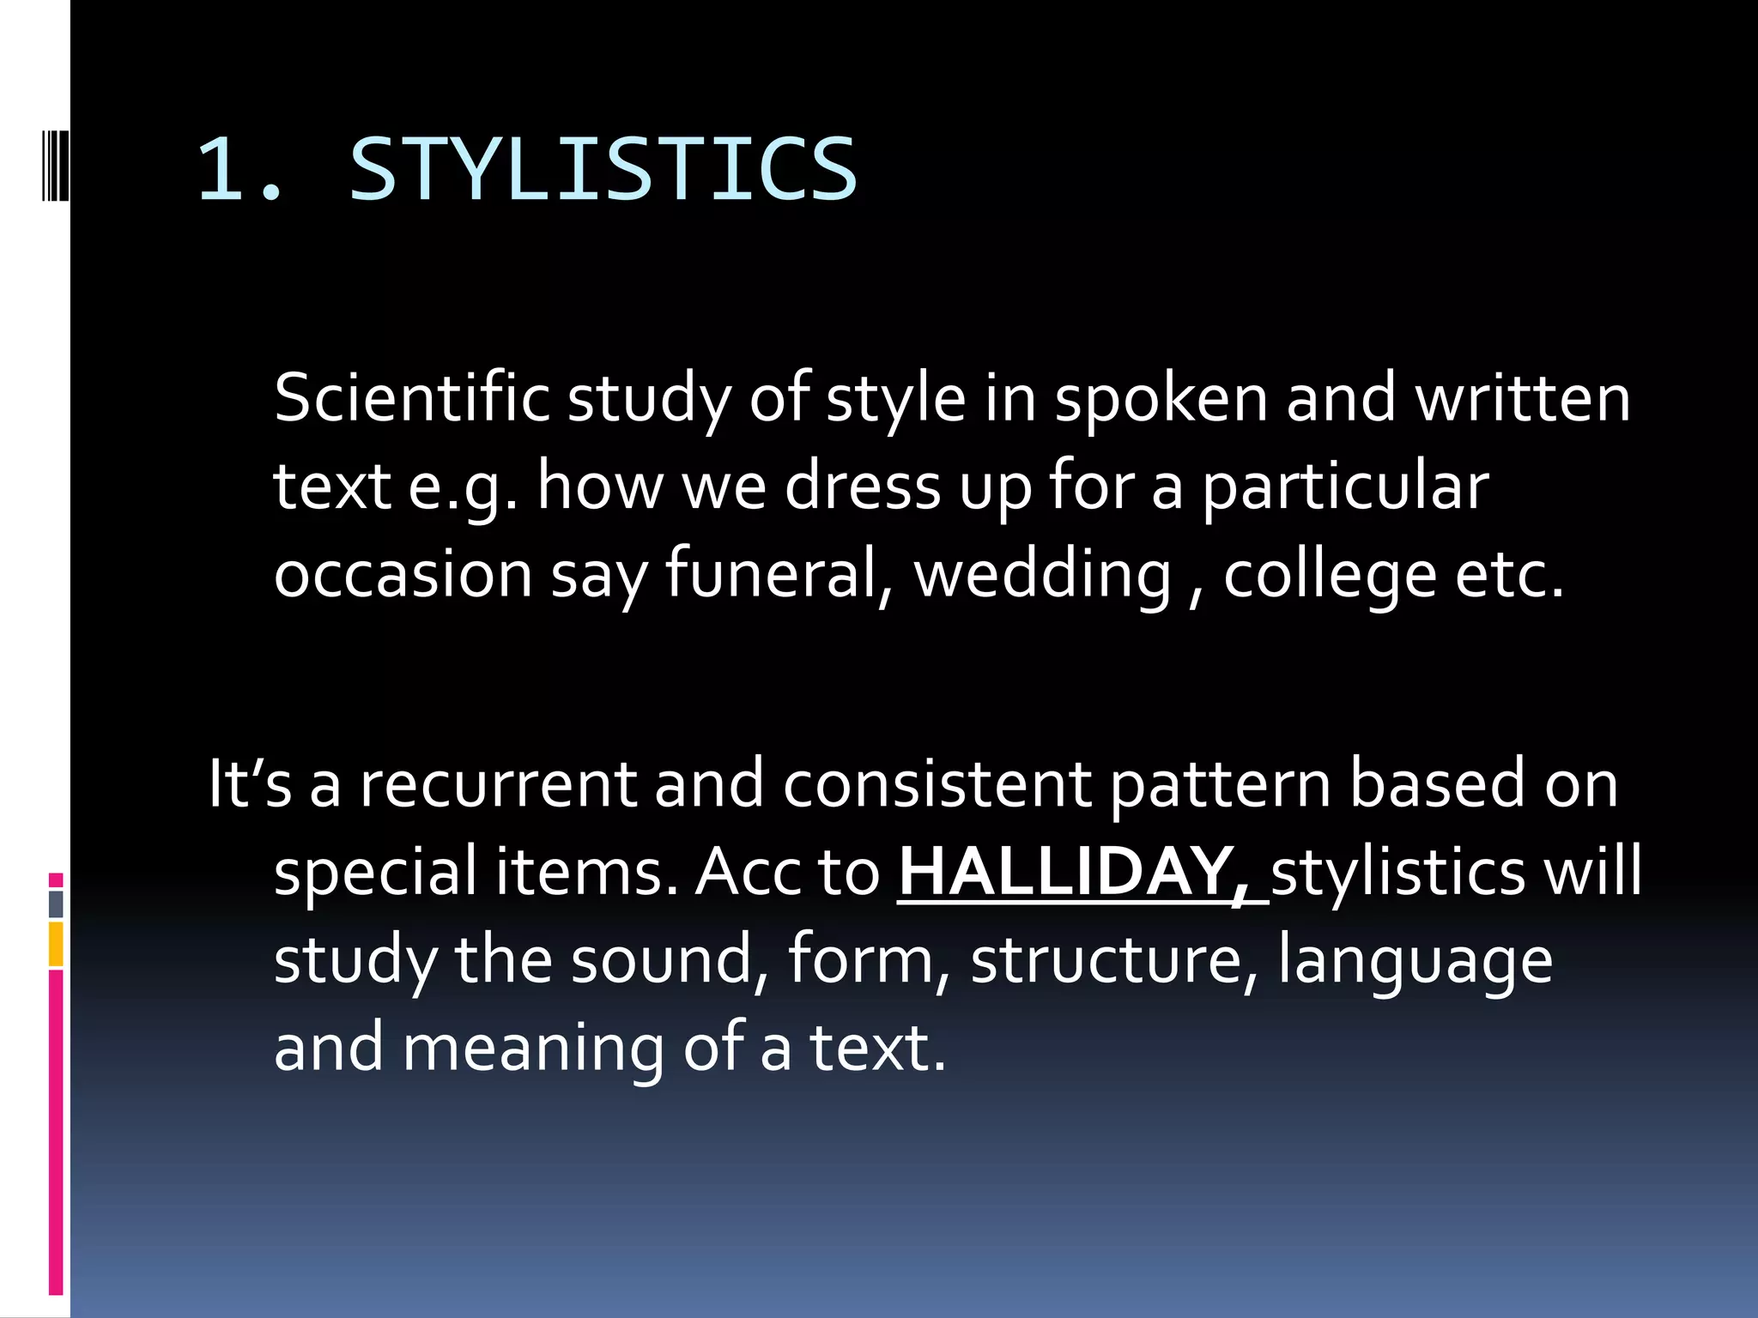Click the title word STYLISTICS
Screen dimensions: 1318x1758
point(603,169)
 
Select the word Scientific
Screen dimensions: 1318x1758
point(411,398)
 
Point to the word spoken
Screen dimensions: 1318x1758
point(1161,398)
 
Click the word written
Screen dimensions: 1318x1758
point(1522,398)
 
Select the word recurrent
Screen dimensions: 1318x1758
point(498,783)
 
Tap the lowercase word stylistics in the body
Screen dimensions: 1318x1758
point(1398,872)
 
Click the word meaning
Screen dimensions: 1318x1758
point(532,1049)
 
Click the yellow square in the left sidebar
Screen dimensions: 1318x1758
point(56,944)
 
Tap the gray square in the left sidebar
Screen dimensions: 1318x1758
point(56,904)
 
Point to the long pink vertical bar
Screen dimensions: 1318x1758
point(56,1131)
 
